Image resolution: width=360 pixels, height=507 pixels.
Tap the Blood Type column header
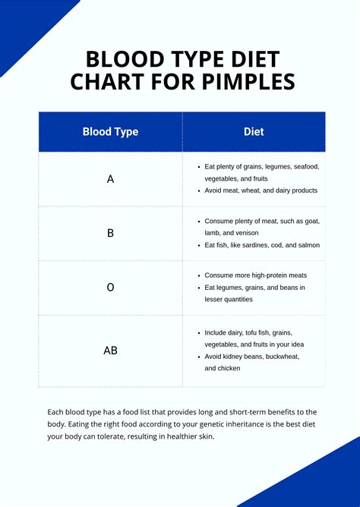coord(110,131)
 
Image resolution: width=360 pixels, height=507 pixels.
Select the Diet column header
coord(254,131)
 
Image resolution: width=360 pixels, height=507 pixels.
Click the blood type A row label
coord(110,179)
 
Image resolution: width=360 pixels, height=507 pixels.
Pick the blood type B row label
coord(110,233)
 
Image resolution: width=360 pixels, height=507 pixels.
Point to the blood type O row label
coord(110,288)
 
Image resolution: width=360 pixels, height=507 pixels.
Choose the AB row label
coord(110,351)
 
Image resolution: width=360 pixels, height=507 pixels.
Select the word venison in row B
coord(246,233)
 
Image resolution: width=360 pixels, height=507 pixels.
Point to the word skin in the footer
coord(205,437)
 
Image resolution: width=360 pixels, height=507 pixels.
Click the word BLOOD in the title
coord(118,59)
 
